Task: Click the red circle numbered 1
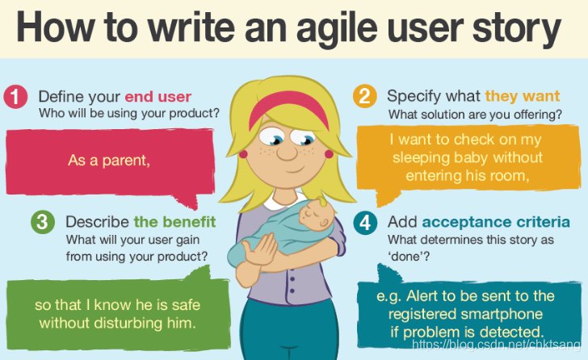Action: point(15,97)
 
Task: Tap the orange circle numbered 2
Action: point(364,96)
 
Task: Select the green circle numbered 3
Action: point(43,222)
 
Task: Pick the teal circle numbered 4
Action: point(365,223)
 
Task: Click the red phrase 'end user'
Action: point(157,97)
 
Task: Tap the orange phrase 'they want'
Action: point(522,96)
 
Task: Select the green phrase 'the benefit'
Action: point(174,222)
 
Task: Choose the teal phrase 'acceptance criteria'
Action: point(496,222)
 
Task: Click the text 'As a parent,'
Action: point(109,161)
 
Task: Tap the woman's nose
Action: point(287,152)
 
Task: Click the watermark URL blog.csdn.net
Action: point(496,344)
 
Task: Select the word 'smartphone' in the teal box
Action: point(502,314)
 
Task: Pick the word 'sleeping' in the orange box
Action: point(421,157)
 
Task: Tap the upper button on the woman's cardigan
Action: point(292,279)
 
